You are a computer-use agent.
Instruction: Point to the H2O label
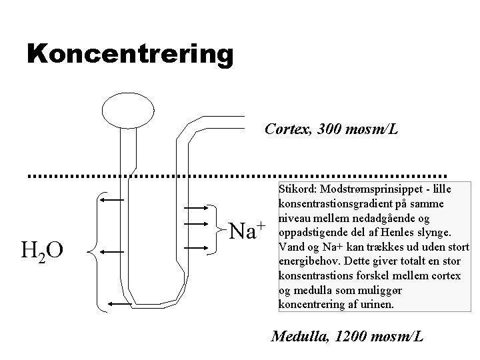coord(42,251)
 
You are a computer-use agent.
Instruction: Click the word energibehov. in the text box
coord(306,261)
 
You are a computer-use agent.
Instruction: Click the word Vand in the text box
coord(289,247)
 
